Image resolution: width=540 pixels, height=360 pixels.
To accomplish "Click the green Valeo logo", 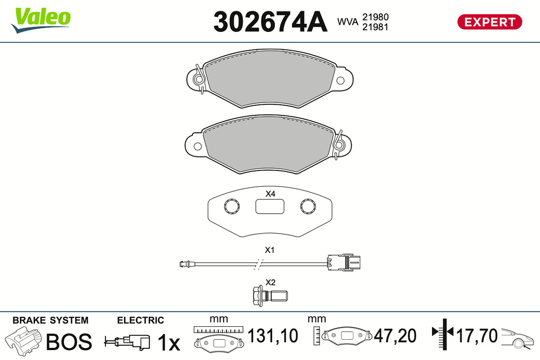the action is click(41, 20).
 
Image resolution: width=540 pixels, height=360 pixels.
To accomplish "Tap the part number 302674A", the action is click(270, 22).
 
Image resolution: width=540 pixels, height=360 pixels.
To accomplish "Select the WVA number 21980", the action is click(375, 17).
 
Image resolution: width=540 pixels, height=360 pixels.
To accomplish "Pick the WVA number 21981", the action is click(375, 27).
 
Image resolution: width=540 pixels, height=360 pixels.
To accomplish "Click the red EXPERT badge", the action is click(490, 22).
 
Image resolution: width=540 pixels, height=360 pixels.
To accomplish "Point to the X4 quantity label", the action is click(270, 193).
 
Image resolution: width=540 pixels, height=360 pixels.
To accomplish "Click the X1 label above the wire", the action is click(270, 250).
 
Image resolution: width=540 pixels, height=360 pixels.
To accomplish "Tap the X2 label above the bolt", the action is click(270, 282).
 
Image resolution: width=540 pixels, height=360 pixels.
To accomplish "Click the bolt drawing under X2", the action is click(270, 296).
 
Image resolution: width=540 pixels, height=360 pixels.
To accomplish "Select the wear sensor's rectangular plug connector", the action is click(344, 262).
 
